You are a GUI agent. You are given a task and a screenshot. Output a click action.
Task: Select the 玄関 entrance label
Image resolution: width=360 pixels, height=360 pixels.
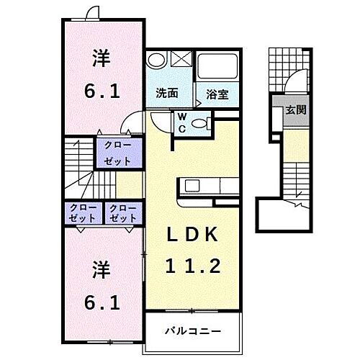(294, 110)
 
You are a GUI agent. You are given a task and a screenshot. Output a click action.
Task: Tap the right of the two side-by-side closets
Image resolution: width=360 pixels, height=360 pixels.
(123, 212)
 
